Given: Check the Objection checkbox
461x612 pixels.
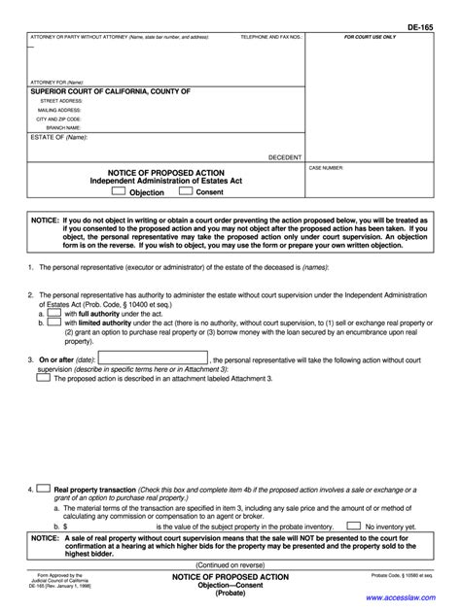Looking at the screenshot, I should coord(119,191).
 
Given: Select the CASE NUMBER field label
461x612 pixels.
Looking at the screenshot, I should coord(328,167).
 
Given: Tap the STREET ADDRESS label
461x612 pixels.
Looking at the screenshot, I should coord(61,100).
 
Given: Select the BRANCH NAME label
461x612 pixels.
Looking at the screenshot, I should coord(62,126).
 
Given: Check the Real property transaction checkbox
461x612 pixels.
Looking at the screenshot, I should coord(44,490).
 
